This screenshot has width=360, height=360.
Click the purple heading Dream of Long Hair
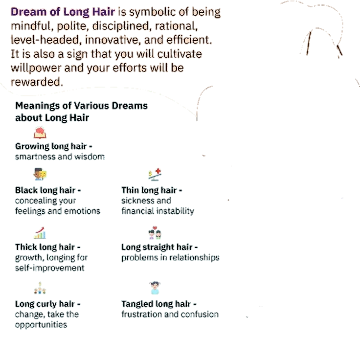[x=63, y=12]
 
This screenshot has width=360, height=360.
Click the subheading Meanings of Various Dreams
[x=81, y=106]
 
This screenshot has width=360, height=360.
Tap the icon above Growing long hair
[x=39, y=133]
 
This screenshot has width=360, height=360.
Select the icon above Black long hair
[x=40, y=174]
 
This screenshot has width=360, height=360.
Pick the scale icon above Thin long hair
[x=155, y=174]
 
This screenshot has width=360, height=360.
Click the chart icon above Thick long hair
[x=40, y=232]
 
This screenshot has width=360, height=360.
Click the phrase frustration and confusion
[x=170, y=315]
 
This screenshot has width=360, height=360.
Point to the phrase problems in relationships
[x=170, y=258]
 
